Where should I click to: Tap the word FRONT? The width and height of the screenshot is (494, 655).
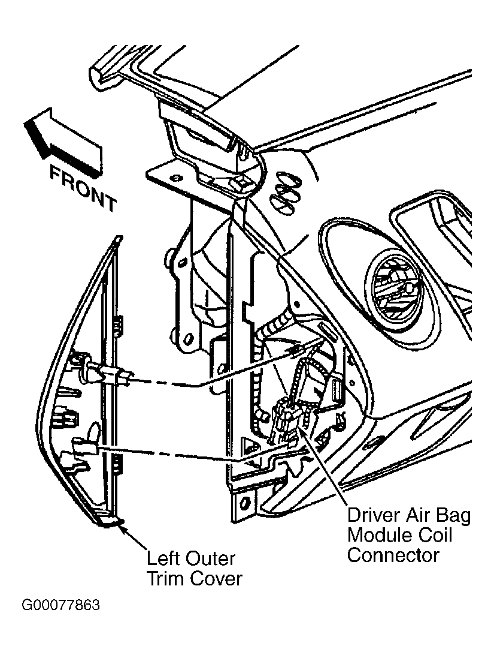pyautogui.click(x=83, y=188)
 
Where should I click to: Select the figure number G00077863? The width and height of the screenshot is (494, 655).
pyautogui.click(x=61, y=605)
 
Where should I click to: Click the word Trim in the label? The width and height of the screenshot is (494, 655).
pyautogui.click(x=165, y=579)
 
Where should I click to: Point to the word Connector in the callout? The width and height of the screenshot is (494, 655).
pyautogui.click(x=393, y=555)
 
